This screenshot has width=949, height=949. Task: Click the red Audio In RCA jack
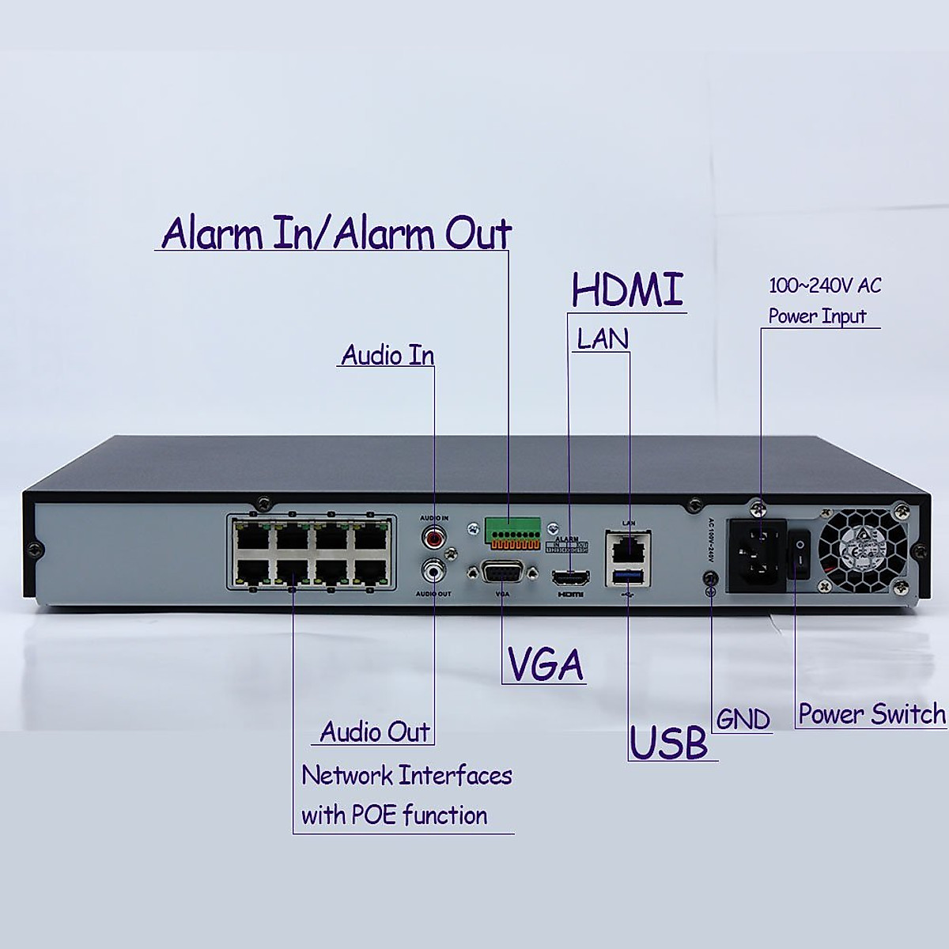(434, 539)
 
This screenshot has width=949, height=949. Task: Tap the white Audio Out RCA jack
(434, 568)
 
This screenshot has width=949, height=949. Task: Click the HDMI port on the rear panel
(569, 575)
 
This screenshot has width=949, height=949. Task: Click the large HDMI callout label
(627, 289)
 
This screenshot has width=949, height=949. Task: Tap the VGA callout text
(546, 664)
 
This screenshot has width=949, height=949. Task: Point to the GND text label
(743, 719)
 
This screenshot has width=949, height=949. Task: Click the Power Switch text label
(871, 714)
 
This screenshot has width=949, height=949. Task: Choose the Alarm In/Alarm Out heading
(336, 233)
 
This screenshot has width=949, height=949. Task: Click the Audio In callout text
(388, 355)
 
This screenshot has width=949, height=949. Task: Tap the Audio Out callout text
(375, 732)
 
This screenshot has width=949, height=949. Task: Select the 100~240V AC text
(825, 285)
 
